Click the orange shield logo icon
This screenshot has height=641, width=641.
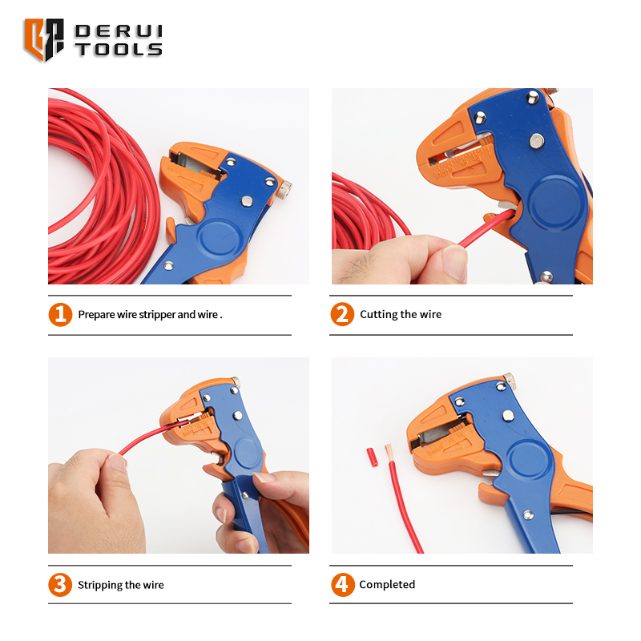click(x=44, y=39)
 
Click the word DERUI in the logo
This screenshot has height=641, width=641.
click(x=119, y=31)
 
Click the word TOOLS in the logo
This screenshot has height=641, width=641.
click(x=119, y=49)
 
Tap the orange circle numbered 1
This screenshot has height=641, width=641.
click(x=61, y=314)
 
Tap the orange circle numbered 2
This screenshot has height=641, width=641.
click(x=342, y=314)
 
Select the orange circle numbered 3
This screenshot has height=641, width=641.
click(x=60, y=585)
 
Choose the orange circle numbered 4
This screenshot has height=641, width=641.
click(x=343, y=585)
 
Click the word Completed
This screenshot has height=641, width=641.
click(x=387, y=585)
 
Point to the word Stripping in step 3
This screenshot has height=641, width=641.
click(x=99, y=586)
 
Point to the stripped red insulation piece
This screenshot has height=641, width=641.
click(x=372, y=458)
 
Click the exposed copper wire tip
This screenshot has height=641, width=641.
click(x=389, y=451)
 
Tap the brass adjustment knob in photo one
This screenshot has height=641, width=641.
click(x=284, y=190)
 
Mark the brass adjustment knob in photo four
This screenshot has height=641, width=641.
click(x=509, y=381)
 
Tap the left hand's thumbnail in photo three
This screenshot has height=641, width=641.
click(x=118, y=463)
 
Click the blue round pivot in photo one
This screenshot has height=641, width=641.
click(x=218, y=240)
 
